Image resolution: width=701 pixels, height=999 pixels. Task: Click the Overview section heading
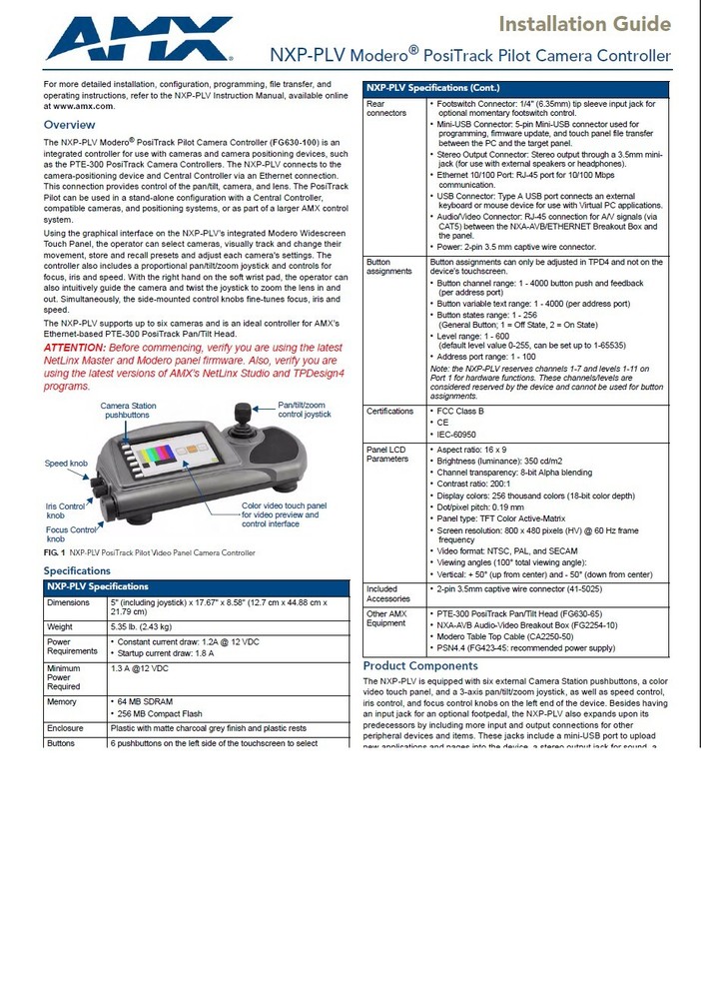pos(69,125)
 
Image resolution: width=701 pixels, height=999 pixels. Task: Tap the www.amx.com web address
pos(79,105)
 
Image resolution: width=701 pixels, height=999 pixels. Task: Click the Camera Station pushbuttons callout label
pos(128,410)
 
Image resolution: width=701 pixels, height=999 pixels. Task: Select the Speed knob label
pos(65,464)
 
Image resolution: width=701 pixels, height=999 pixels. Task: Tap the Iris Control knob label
pos(65,511)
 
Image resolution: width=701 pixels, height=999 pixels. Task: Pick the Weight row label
pos(61,626)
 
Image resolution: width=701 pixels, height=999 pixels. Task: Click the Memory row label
pos(62,702)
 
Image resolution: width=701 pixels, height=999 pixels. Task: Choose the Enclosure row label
pos(66,728)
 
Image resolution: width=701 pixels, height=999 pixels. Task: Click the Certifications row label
pos(389,411)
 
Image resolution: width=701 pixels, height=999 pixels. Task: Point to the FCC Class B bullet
pos(460,411)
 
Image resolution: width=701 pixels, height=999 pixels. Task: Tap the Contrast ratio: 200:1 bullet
pos(477,484)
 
